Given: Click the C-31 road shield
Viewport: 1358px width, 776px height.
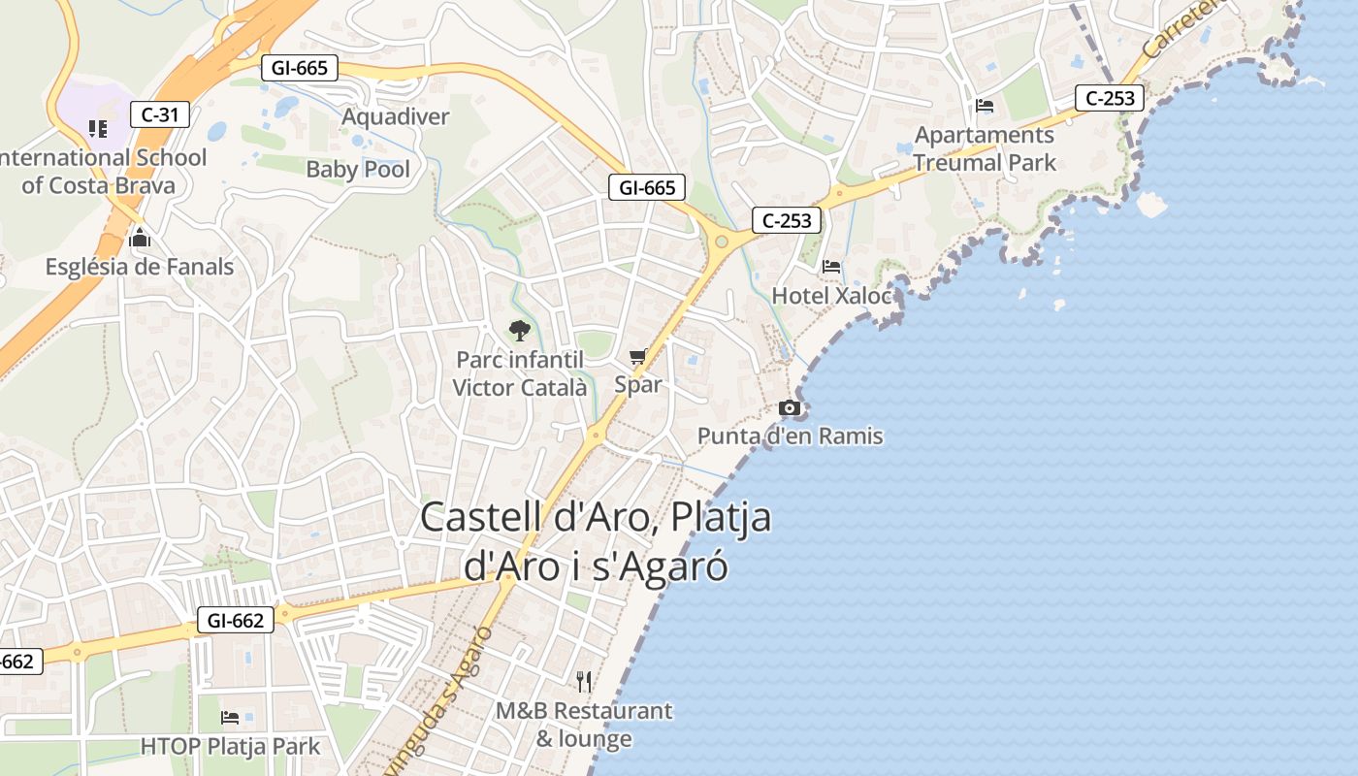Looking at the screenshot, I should tap(160, 114).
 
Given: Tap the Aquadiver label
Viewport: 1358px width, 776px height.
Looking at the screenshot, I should tap(396, 117).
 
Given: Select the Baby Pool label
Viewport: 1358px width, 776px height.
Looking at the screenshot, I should tap(358, 170).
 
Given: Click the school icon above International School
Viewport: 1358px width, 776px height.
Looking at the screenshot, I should tap(97, 128).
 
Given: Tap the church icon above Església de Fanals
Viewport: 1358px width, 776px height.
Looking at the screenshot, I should tap(140, 238).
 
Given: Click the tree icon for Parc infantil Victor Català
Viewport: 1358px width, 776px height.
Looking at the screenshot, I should tap(520, 331).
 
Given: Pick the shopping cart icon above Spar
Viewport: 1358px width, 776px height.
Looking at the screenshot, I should tap(637, 357).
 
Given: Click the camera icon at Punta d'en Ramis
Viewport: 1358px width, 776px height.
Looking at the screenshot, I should tap(790, 408).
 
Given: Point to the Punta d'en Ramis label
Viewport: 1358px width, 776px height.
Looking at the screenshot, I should tap(791, 436).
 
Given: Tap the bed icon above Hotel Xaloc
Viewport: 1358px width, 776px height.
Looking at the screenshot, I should tap(831, 267).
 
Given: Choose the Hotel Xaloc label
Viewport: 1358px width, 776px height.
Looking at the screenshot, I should tap(831, 296).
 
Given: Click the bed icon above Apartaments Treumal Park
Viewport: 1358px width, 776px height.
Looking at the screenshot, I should tap(985, 106).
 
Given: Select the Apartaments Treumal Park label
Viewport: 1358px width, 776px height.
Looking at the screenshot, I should tap(985, 148).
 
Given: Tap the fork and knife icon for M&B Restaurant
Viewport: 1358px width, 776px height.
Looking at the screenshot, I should tap(584, 682).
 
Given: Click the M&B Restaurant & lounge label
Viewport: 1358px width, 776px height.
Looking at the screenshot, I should tap(584, 725).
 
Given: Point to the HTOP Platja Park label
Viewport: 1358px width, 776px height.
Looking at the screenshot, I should tap(230, 747).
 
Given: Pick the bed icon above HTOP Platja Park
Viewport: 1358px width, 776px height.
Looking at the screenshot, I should tap(230, 718).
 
